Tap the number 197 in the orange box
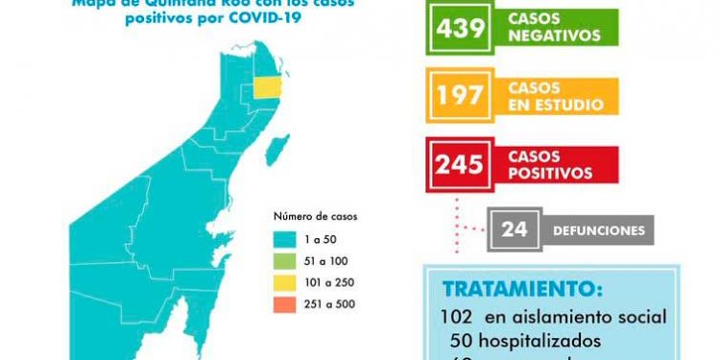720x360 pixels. [x=459, y=96]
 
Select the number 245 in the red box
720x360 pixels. [x=459, y=163]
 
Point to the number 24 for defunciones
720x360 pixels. [x=514, y=230]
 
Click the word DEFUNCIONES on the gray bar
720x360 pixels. [x=598, y=231]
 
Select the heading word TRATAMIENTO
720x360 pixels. [x=524, y=289]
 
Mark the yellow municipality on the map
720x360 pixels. [x=267, y=86]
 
